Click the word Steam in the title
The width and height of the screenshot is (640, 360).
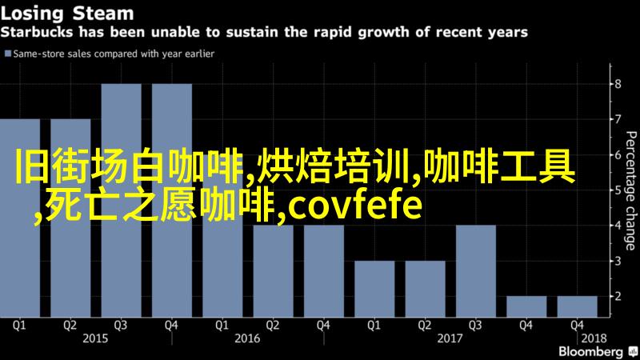click(103, 14)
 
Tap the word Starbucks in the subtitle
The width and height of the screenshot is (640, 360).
click(37, 32)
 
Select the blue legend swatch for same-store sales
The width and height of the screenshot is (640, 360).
click(8, 54)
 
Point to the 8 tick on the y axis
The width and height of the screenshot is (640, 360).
click(618, 84)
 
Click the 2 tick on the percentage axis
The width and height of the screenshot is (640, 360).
click(618, 296)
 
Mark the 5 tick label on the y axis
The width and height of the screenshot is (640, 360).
click(618, 190)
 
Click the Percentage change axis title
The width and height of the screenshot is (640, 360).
click(631, 190)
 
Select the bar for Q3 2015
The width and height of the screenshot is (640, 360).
click(122, 201)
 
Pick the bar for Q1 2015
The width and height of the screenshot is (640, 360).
click(20, 218)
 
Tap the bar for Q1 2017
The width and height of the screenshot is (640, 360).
click(374, 289)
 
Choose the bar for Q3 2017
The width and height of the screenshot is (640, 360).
click(476, 271)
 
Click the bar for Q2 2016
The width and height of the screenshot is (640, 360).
click(273, 271)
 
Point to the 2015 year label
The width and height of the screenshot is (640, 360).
click(95, 338)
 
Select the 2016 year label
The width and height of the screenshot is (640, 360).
click(247, 338)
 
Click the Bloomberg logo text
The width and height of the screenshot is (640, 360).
click(590, 352)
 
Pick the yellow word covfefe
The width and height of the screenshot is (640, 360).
click(354, 206)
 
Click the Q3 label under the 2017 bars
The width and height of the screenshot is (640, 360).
click(475, 326)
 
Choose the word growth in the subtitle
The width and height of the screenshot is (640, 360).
click(383, 32)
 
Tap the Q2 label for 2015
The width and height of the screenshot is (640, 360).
click(70, 326)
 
